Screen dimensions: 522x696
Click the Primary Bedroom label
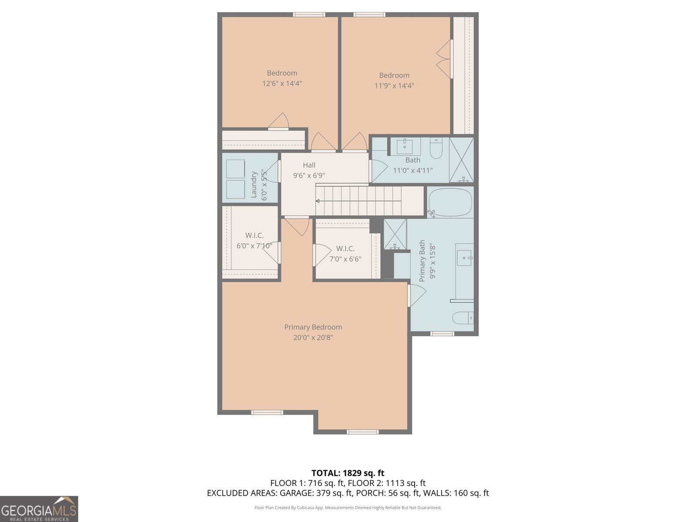313,327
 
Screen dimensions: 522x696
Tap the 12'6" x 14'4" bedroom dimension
282,84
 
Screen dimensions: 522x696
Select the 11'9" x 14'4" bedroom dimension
394,86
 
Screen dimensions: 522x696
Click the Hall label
309,165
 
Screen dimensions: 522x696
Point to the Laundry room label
254,184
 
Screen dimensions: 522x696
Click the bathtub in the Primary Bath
450,202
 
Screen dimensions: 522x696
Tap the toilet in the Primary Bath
462,318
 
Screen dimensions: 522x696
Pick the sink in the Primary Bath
465,258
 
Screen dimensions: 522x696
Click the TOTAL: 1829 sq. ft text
348,473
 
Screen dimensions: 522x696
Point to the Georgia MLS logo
39,509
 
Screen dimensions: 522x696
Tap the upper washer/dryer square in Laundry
235,169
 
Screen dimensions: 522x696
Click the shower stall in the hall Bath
461,160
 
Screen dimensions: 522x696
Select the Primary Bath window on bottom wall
442,334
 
